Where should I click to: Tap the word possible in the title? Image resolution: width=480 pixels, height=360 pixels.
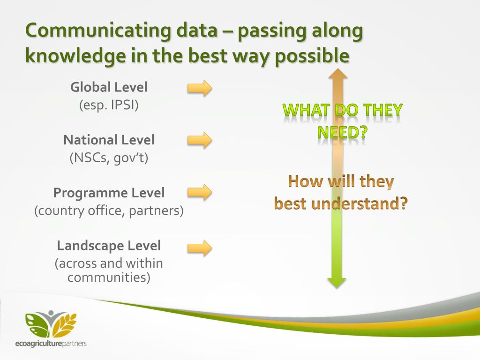pyautogui.click(x=312, y=57)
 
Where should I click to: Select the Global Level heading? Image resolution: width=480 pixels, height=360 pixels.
pyautogui.click(x=109, y=87)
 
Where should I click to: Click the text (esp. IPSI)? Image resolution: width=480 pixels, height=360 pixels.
pyautogui.click(x=109, y=105)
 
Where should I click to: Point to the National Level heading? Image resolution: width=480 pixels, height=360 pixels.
pyautogui.click(x=109, y=140)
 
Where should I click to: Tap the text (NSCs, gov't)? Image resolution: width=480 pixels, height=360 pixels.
pyautogui.click(x=109, y=158)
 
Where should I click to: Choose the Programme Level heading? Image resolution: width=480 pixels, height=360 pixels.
pyautogui.click(x=109, y=193)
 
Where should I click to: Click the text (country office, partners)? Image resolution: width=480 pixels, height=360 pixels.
pyautogui.click(x=109, y=211)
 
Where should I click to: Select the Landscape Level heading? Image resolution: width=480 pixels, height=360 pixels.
pyautogui.click(x=109, y=246)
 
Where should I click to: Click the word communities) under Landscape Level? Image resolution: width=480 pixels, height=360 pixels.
pyautogui.click(x=109, y=277)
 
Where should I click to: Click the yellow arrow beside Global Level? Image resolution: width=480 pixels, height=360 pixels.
pyautogui.click(x=200, y=88)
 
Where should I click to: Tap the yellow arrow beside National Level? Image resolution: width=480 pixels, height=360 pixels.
pyautogui.click(x=200, y=140)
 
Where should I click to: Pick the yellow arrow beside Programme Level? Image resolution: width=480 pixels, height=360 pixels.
pyautogui.click(x=200, y=192)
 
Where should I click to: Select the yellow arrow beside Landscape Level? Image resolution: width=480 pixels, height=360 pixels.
pyautogui.click(x=200, y=247)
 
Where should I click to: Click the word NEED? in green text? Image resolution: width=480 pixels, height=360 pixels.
pyautogui.click(x=342, y=133)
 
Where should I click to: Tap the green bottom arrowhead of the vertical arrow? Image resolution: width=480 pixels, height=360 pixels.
pyautogui.click(x=337, y=283)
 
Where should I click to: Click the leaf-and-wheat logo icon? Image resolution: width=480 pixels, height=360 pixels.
pyautogui.click(x=51, y=324)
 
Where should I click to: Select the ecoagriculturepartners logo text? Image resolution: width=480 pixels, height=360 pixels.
pyautogui.click(x=51, y=344)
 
